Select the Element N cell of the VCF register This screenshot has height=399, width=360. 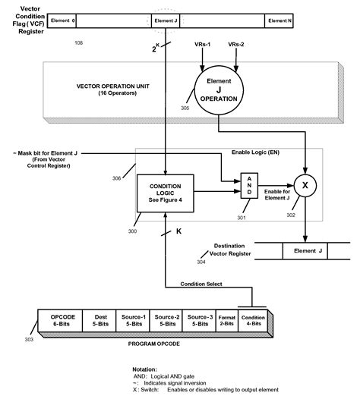[279, 20]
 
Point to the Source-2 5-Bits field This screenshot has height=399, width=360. [166, 319]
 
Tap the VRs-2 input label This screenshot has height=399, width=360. [237, 45]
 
